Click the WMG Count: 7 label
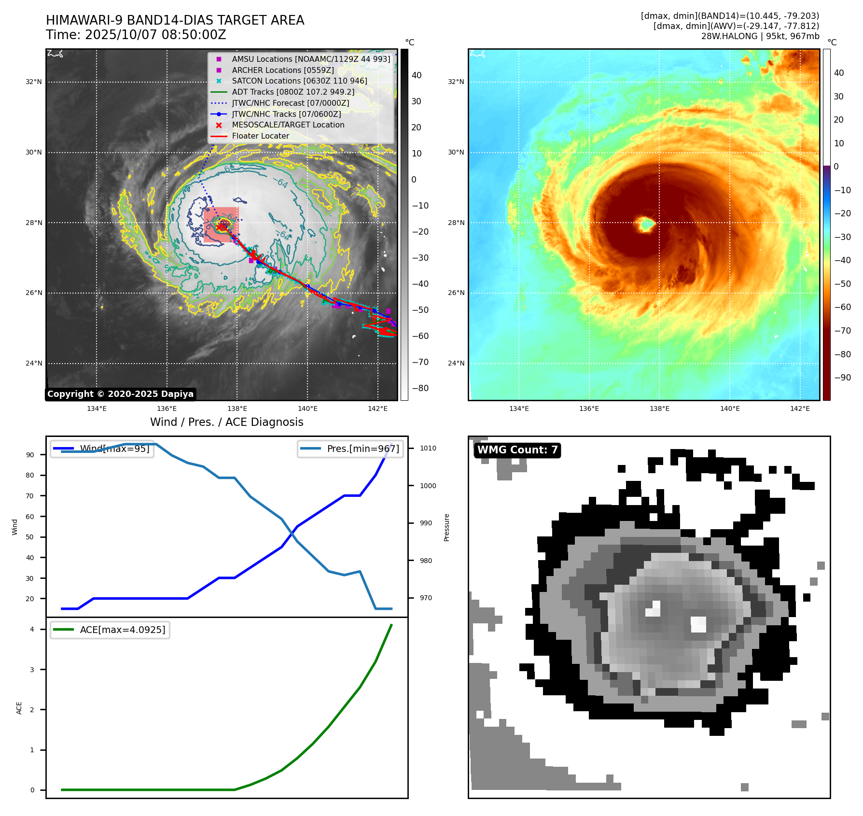[517, 450]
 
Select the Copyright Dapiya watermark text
[120, 394]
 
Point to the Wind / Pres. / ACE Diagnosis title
[226, 422]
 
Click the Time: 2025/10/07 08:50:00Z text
[136, 35]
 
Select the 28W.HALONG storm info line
[760, 36]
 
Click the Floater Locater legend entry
[260, 136]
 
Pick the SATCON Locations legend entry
[299, 81]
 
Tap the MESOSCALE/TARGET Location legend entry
[288, 125]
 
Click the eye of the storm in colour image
[645, 224]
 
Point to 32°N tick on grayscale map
[34, 82]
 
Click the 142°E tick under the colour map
[799, 409]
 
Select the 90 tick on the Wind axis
[30, 455]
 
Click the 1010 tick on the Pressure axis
[428, 448]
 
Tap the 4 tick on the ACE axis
[32, 629]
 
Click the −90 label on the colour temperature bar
[842, 378]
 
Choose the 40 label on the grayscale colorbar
[417, 75]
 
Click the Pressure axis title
[446, 527]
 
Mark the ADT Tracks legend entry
[292, 92]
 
